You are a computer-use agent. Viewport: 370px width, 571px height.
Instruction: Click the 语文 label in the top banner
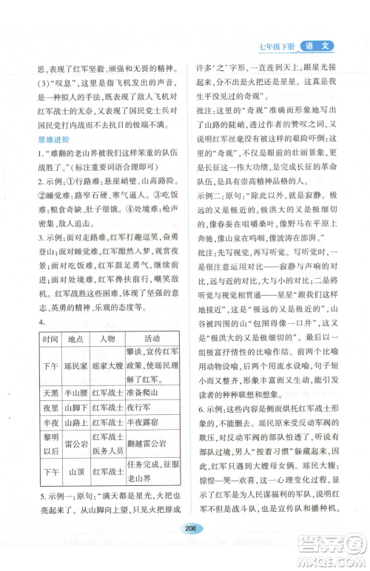(323, 46)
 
